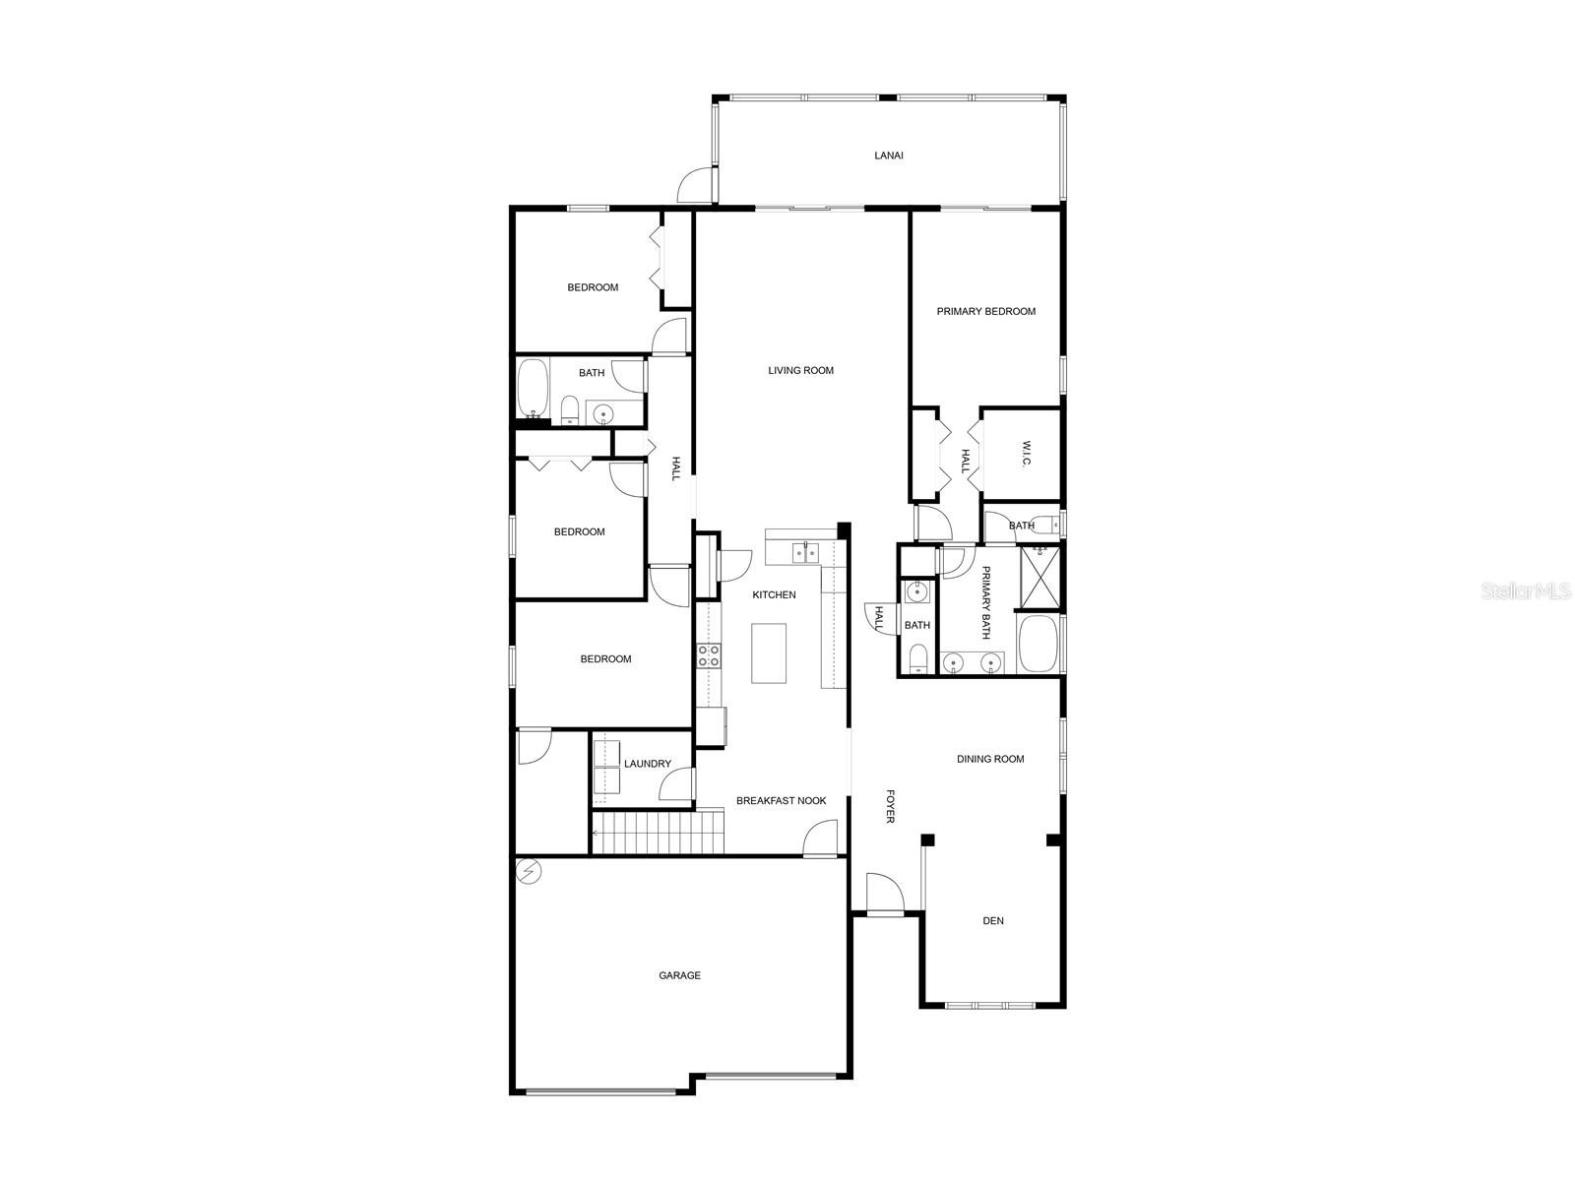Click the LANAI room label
tap(888, 155)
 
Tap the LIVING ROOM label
tap(800, 371)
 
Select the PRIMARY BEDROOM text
tap(986, 311)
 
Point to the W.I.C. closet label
tap(1026, 453)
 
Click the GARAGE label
tap(679, 975)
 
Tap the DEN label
tap(993, 921)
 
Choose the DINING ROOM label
tap(990, 759)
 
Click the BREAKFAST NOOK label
tap(782, 801)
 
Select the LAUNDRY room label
tap(647, 764)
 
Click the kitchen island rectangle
tap(769, 653)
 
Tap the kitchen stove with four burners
tap(709, 655)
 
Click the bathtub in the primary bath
tap(1039, 644)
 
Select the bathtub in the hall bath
tap(533, 387)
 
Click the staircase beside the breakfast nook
tap(658, 832)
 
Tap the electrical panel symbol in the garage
tap(529, 872)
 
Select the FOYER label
tap(890, 807)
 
